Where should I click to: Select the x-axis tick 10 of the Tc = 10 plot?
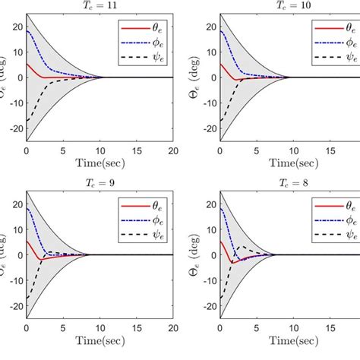point(283,150)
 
